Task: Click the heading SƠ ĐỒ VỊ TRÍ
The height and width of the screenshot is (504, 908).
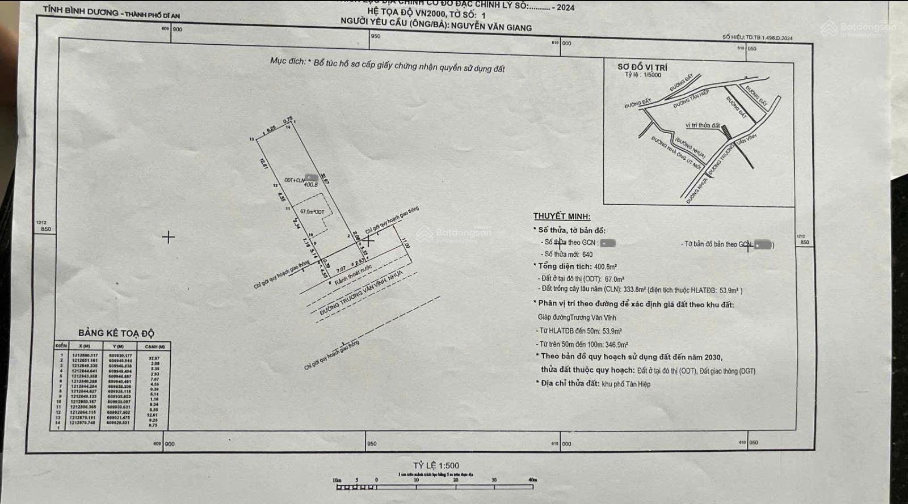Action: pyautogui.click(x=642, y=67)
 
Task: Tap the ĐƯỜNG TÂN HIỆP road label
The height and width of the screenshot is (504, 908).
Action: pyautogui.click(x=691, y=99)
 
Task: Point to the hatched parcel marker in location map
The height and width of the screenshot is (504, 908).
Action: pyautogui.click(x=726, y=132)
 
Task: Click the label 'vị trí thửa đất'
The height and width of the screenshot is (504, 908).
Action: pyautogui.click(x=702, y=125)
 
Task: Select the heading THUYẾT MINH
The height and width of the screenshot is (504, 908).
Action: pyautogui.click(x=561, y=216)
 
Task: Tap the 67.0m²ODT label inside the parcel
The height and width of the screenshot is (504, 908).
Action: pyautogui.click(x=312, y=211)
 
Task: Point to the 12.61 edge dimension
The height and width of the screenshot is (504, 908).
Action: pyautogui.click(x=263, y=164)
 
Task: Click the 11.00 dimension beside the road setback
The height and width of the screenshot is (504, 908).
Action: pyautogui.click(x=405, y=243)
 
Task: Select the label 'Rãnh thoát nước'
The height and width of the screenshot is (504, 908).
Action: pyautogui.click(x=353, y=274)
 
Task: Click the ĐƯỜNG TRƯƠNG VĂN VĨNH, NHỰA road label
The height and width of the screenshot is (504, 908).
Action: pyautogui.click(x=361, y=293)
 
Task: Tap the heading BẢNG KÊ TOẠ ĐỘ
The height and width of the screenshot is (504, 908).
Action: pyautogui.click(x=116, y=333)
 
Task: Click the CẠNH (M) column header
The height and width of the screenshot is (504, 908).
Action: pyautogui.click(x=154, y=346)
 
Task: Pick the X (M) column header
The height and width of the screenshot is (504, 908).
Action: pyautogui.click(x=84, y=346)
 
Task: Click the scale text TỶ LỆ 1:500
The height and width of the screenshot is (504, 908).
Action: pyautogui.click(x=436, y=465)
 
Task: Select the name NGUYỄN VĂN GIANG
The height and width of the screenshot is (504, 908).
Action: pyautogui.click(x=491, y=27)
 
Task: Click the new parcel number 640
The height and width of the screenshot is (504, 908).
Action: pyautogui.click(x=587, y=255)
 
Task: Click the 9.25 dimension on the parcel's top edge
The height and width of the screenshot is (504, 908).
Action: pyautogui.click(x=271, y=129)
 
